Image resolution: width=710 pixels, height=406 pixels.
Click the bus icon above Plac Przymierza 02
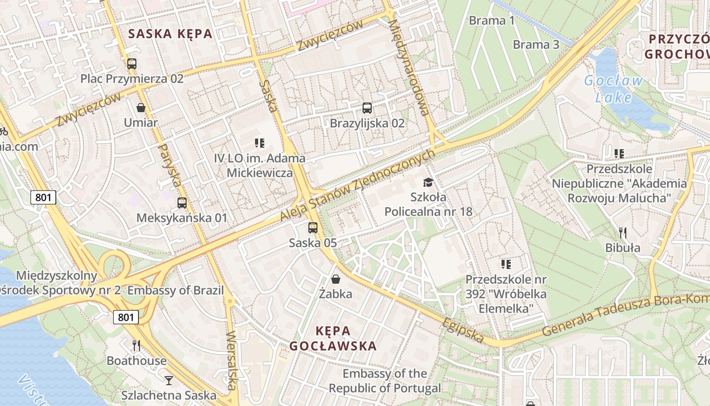click(132, 64)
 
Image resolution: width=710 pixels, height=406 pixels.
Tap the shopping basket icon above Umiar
click(141, 108)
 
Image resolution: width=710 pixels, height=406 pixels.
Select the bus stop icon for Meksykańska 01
click(182, 203)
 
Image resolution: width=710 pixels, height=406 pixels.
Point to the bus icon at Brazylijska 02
click(367, 108)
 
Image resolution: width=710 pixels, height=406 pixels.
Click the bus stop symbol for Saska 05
click(313, 228)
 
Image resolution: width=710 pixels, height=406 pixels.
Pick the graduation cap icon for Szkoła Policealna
click(429, 182)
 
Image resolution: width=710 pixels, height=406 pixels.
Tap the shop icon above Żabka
click(336, 279)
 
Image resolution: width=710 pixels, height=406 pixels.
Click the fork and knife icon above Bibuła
click(623, 233)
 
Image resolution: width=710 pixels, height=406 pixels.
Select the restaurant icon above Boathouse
click(136, 346)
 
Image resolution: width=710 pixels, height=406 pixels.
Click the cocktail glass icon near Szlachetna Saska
click(169, 380)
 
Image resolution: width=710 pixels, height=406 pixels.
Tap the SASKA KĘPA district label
click(170, 34)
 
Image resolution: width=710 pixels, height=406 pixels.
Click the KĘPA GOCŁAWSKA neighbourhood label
click(333, 339)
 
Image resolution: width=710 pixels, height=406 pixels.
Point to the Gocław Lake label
click(614, 89)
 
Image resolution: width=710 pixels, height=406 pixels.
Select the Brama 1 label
click(491, 21)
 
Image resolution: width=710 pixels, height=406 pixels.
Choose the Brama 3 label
click(536, 45)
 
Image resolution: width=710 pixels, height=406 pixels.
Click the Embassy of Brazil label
click(175, 290)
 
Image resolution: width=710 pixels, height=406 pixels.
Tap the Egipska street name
click(463, 330)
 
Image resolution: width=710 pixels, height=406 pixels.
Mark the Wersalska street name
click(232, 360)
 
